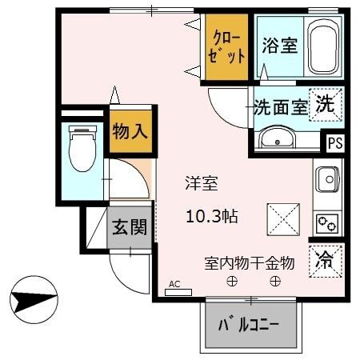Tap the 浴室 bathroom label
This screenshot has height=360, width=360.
(x=280, y=46)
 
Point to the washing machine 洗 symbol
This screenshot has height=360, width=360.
(x=326, y=103)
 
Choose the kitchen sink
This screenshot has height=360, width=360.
(x=327, y=180)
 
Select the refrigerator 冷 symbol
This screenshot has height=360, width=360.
(x=326, y=258)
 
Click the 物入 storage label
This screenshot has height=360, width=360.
(x=129, y=130)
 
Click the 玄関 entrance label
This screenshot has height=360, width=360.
(x=129, y=226)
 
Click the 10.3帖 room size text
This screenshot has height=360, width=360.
(x=211, y=215)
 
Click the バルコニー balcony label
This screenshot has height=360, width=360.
(x=249, y=326)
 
